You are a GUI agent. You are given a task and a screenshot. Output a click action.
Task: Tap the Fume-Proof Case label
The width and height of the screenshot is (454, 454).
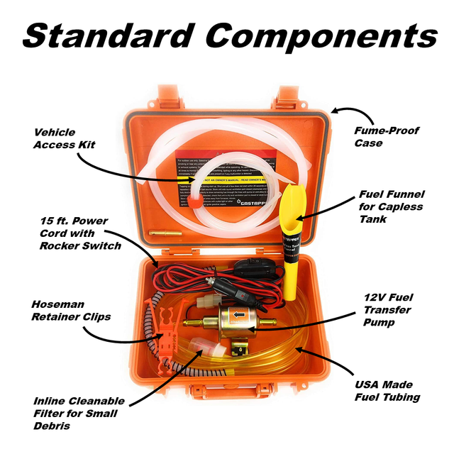point(387,136)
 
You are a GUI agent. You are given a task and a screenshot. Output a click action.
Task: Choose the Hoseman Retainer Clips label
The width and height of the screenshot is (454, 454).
point(71,310)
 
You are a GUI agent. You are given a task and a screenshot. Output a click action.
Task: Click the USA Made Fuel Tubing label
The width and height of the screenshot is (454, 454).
point(387,390)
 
